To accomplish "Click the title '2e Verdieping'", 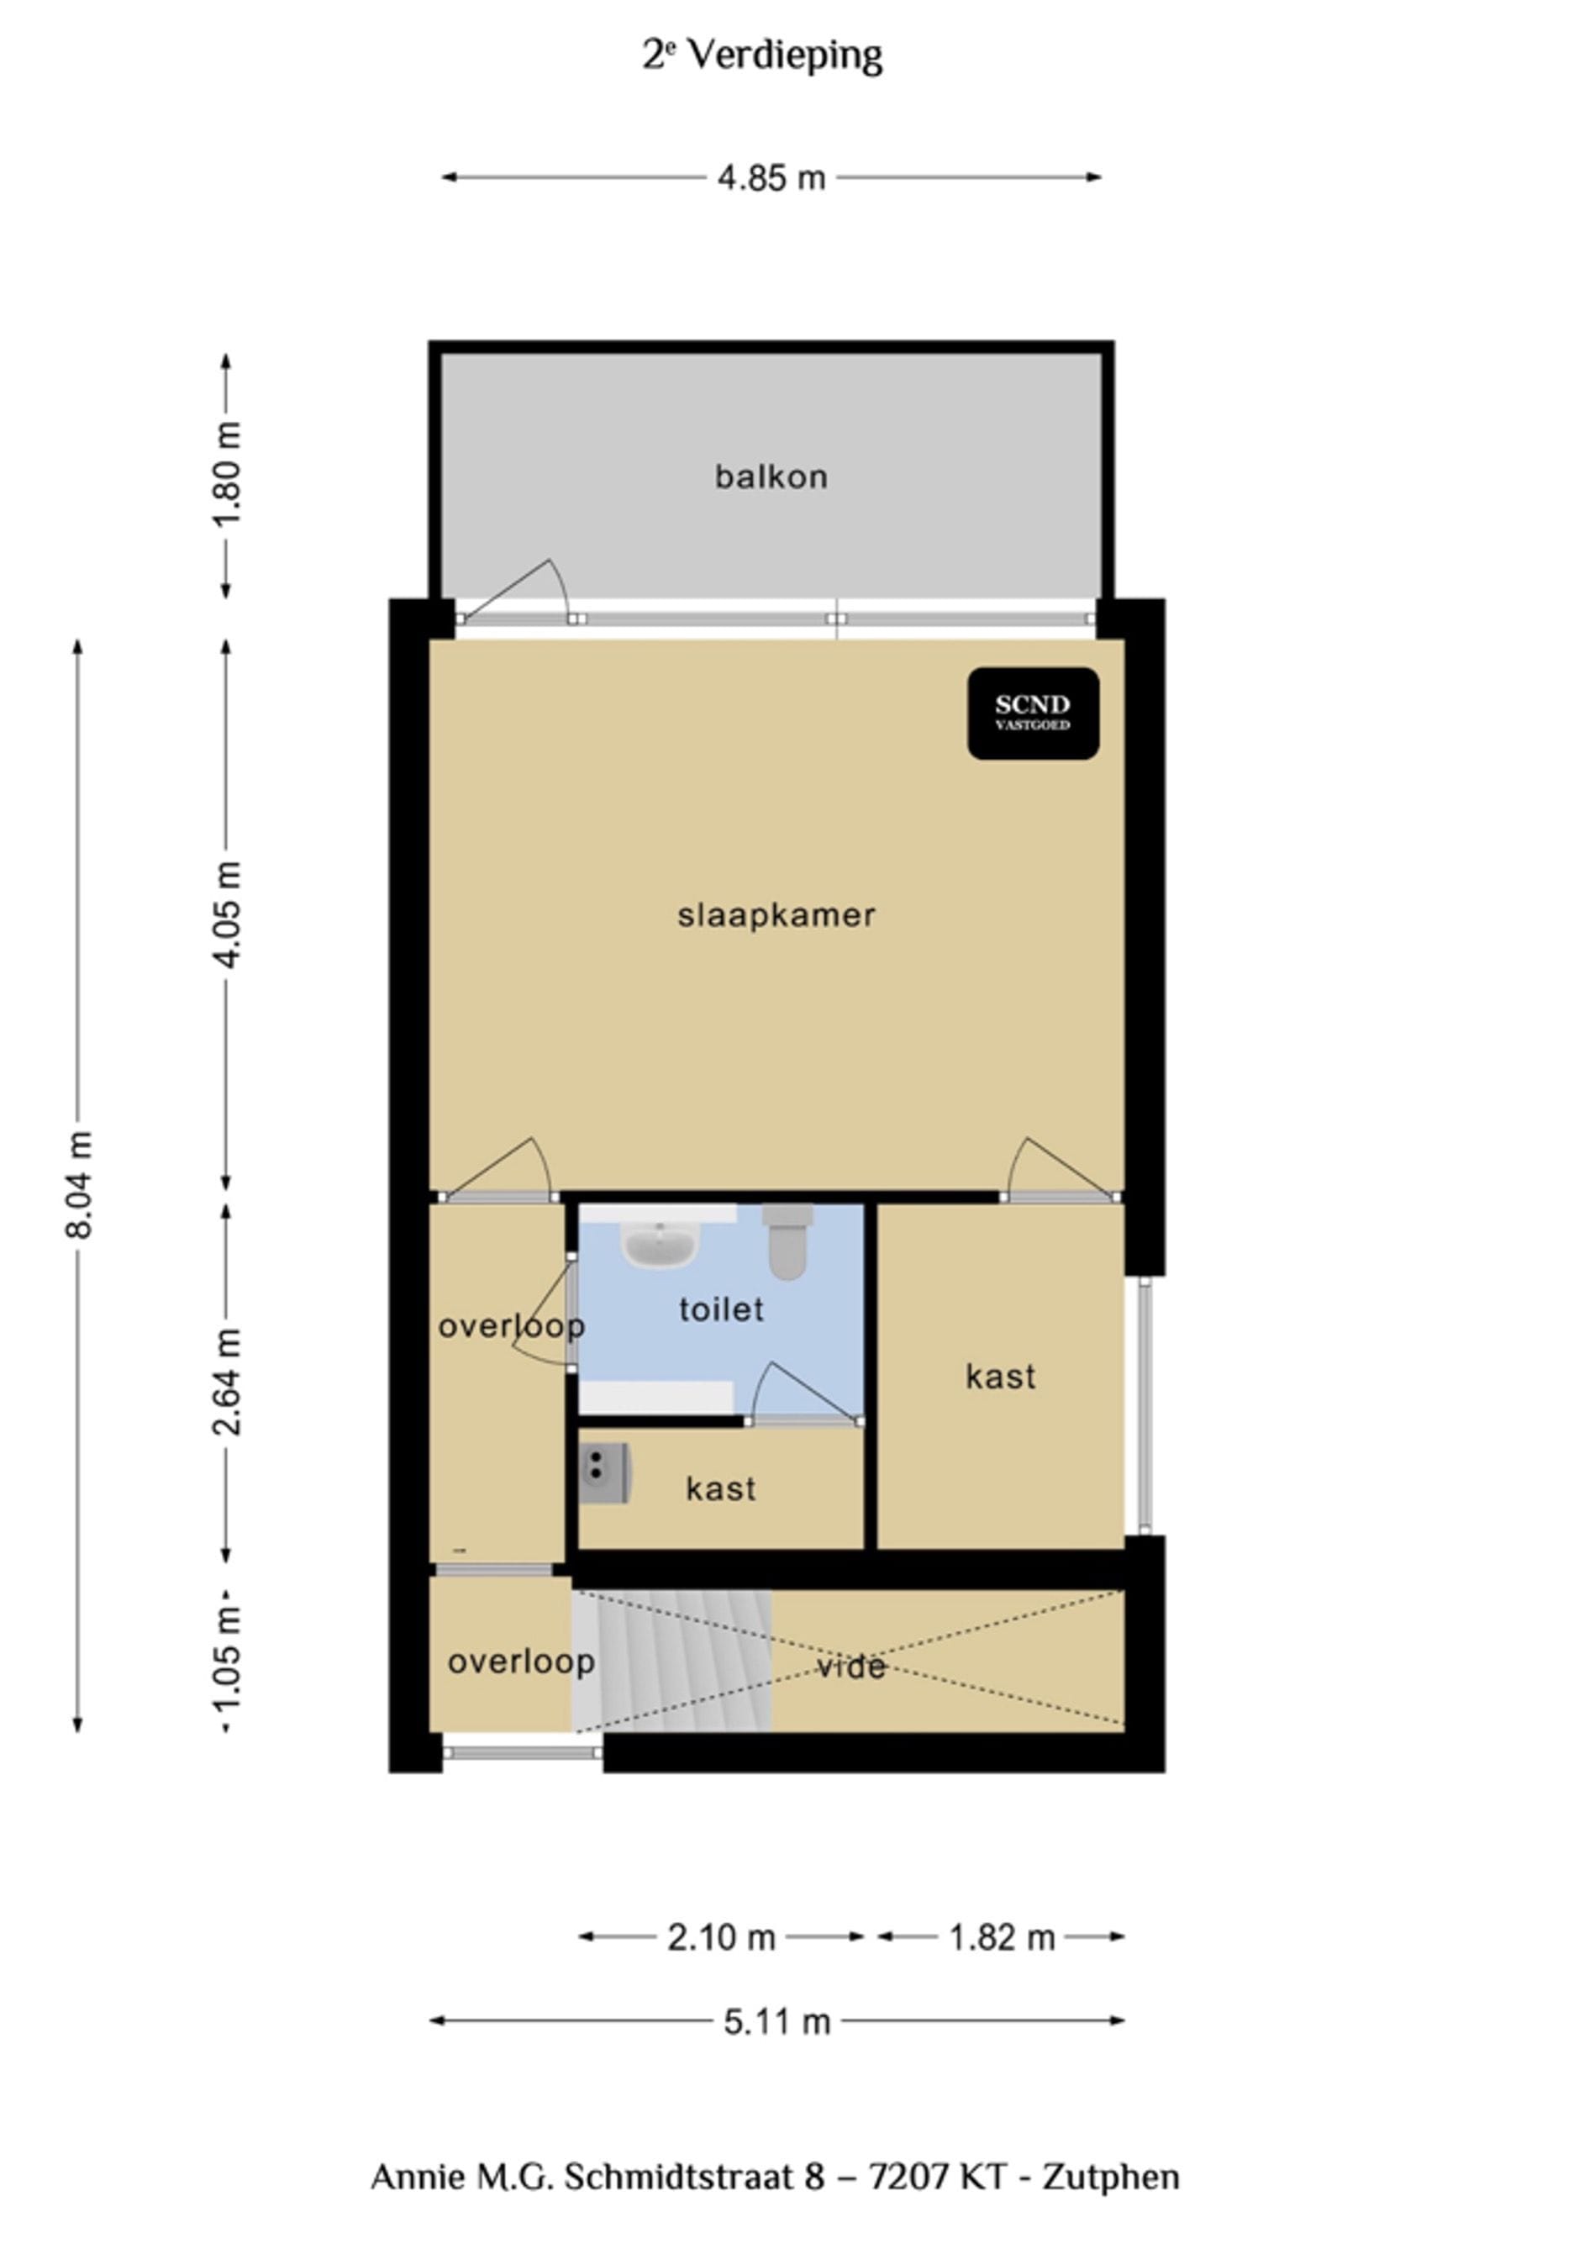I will pyautogui.click(x=762, y=55).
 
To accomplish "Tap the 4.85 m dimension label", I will pyautogui.click(x=771, y=178).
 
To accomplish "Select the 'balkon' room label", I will pyautogui.click(x=771, y=477).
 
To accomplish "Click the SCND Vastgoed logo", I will pyautogui.click(x=1033, y=713).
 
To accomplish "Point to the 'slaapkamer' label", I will pyautogui.click(x=776, y=916).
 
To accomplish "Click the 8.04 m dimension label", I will pyautogui.click(x=78, y=1184).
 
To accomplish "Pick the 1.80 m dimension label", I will pyautogui.click(x=226, y=474).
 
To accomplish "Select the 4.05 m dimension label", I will pyautogui.click(x=226, y=914).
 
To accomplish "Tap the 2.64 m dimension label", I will pyautogui.click(x=226, y=1381).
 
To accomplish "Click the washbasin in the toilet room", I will pyautogui.click(x=659, y=1244).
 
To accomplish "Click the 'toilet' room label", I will pyautogui.click(x=721, y=1309).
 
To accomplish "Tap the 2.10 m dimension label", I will pyautogui.click(x=721, y=1937).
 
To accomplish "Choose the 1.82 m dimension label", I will pyautogui.click(x=1001, y=1937).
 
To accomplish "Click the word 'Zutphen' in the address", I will pyautogui.click(x=1110, y=2177).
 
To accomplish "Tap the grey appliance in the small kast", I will pyautogui.click(x=603, y=1472).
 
